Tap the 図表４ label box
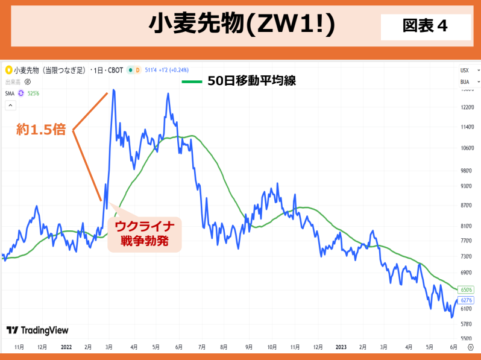pos(425,26)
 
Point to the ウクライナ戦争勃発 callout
pos(145,234)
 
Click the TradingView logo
pos(37,330)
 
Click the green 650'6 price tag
pos(466,290)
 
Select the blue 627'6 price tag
pos(466,300)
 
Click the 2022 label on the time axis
pos(66,347)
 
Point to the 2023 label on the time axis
pos(341,347)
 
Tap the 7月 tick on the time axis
pos(202,347)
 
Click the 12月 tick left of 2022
pos(42,347)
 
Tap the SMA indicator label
pos(10,93)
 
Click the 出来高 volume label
pos(13,81)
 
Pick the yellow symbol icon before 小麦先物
pos(8,70)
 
